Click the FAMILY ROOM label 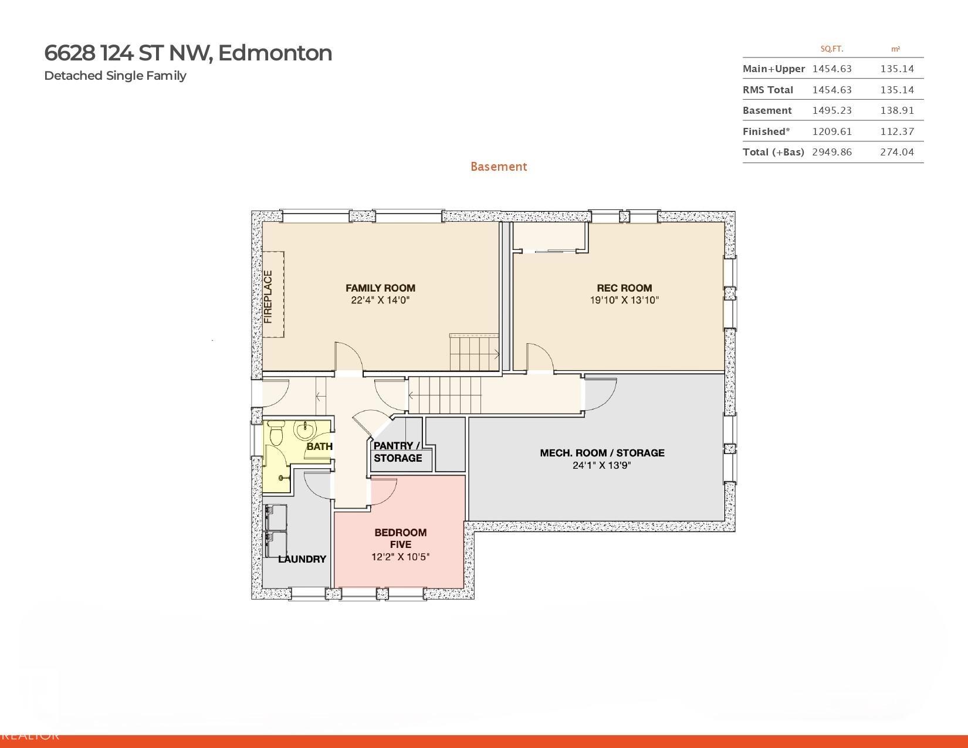point(380,288)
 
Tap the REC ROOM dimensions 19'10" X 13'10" point(624,300)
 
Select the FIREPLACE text point(268,297)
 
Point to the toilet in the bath point(276,432)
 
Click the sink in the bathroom point(306,431)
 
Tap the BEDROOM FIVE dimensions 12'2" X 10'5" point(400,556)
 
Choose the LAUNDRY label point(302,559)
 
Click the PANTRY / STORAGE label point(397,452)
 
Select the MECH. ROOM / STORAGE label point(602,453)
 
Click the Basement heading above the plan point(499,167)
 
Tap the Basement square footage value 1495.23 point(832,110)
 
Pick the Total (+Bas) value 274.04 point(897,153)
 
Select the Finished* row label point(766,131)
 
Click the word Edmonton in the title point(275,53)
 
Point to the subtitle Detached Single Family point(115,76)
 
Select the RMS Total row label point(767,90)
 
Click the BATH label point(319,446)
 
